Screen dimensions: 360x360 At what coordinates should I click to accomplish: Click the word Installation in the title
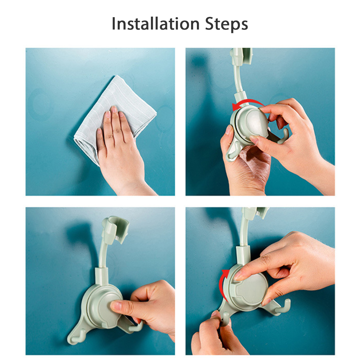156,24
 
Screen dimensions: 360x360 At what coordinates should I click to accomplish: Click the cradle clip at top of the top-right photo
241,56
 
